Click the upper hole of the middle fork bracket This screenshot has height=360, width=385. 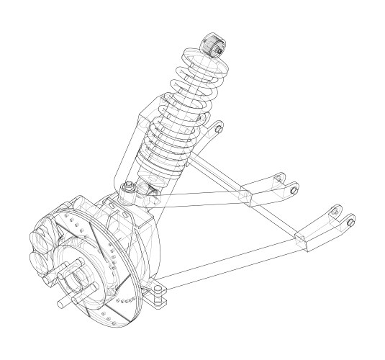[x=280, y=175]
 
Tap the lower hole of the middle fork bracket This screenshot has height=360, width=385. [x=294, y=189]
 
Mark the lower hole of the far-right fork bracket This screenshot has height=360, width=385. [x=350, y=222]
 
